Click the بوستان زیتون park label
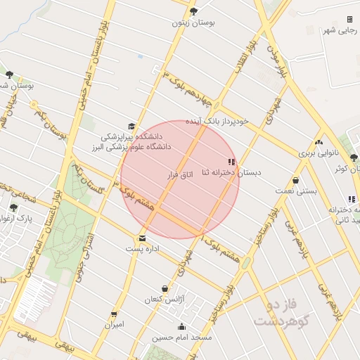(193, 23)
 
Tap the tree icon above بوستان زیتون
(193, 11)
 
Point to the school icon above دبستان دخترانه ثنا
(232, 161)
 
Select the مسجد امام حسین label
(183, 337)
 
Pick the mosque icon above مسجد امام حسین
(182, 326)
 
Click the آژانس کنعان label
(165, 300)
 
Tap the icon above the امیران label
(114, 314)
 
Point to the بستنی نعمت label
(295, 191)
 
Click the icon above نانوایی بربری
(319, 142)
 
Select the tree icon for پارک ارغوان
(14, 207)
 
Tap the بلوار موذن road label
(278, 57)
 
